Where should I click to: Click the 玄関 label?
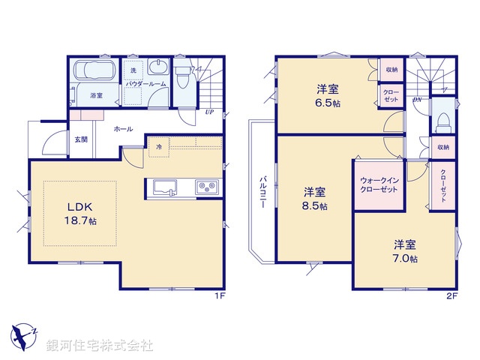(81, 139)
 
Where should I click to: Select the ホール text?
(123, 129)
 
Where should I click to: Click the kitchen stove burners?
(206, 186)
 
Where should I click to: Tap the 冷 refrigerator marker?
(158, 147)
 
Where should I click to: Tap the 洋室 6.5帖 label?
(327, 96)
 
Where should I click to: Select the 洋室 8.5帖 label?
(315, 198)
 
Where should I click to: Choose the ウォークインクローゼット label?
(379, 185)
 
